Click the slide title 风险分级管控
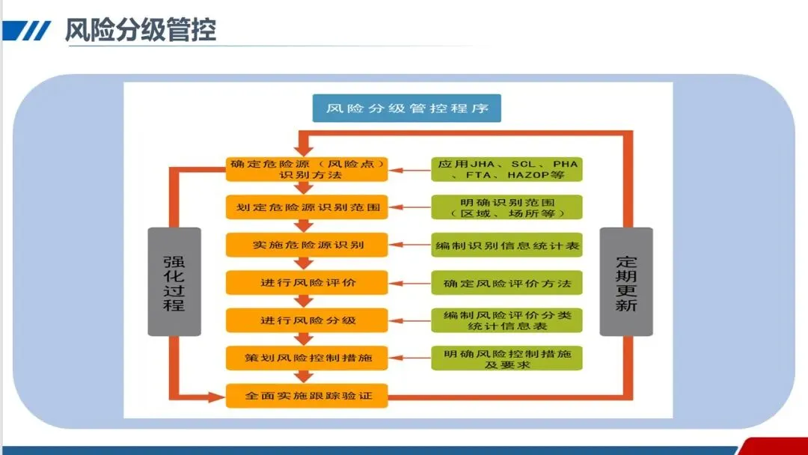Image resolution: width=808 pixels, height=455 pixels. click(140, 30)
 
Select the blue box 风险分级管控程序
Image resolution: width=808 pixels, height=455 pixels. click(407, 108)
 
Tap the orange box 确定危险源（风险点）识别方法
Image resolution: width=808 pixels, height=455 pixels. click(307, 169)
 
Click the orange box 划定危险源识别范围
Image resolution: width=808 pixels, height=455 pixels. click(307, 207)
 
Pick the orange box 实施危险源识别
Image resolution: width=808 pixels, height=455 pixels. click(307, 245)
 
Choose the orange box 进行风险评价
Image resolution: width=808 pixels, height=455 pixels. click(307, 283)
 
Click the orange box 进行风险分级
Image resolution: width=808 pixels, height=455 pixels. click(307, 320)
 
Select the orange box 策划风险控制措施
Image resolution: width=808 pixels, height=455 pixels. click(307, 358)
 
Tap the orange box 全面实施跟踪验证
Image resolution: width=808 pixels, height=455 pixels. click(307, 395)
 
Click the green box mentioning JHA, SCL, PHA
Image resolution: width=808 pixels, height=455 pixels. click(506, 169)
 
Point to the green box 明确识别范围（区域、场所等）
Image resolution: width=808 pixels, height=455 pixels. click(506, 207)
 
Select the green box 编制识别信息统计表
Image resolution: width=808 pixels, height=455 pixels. click(506, 245)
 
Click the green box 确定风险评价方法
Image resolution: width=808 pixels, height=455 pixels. click(506, 283)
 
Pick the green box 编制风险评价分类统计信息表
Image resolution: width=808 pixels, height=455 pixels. click(506, 320)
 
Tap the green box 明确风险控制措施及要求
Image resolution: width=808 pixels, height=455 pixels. click(506, 358)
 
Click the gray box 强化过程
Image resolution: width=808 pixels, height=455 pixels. click(174, 281)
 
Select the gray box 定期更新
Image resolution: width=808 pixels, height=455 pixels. click(626, 281)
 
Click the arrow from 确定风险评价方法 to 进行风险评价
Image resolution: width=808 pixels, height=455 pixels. click(409, 283)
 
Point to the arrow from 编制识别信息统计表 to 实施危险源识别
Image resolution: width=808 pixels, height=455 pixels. click(409, 245)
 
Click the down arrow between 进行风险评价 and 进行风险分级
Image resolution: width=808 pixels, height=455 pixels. click(303, 301)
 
